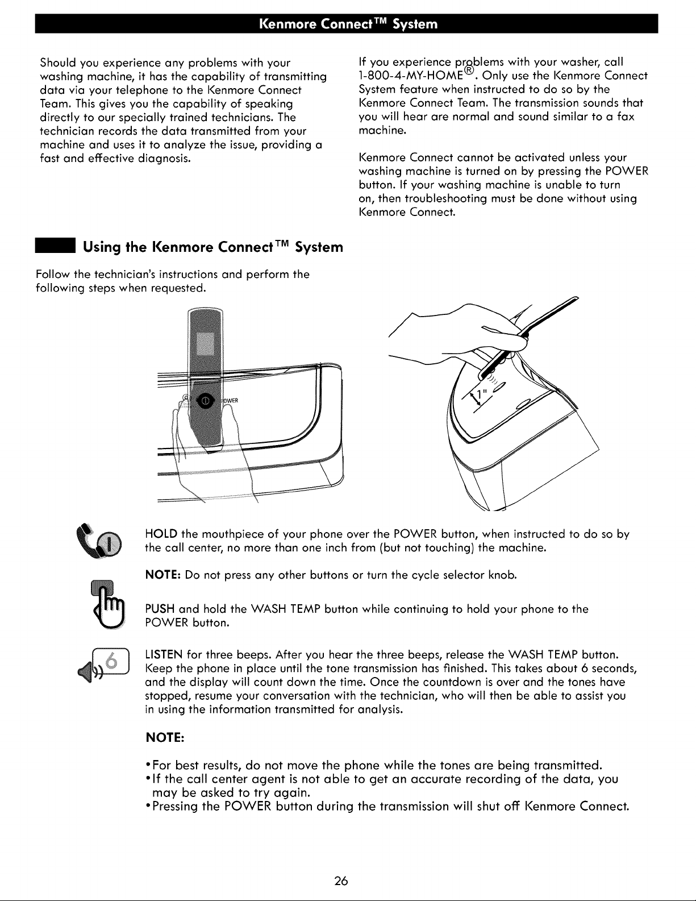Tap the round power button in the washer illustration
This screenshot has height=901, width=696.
pyautogui.click(x=206, y=401)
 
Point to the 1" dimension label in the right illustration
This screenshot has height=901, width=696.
pyautogui.click(x=480, y=394)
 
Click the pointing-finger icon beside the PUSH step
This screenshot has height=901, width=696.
pyautogui.click(x=107, y=603)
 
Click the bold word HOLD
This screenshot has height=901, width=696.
pyautogui.click(x=161, y=534)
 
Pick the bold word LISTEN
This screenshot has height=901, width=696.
pyautogui.click(x=164, y=655)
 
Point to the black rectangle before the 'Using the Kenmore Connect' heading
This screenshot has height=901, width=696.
pyautogui.click(x=55, y=246)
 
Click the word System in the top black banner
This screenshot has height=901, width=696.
pyautogui.click(x=415, y=24)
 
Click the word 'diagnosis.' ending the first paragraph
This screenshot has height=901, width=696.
pyautogui.click(x=164, y=159)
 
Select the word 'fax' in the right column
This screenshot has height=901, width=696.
pyautogui.click(x=626, y=117)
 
